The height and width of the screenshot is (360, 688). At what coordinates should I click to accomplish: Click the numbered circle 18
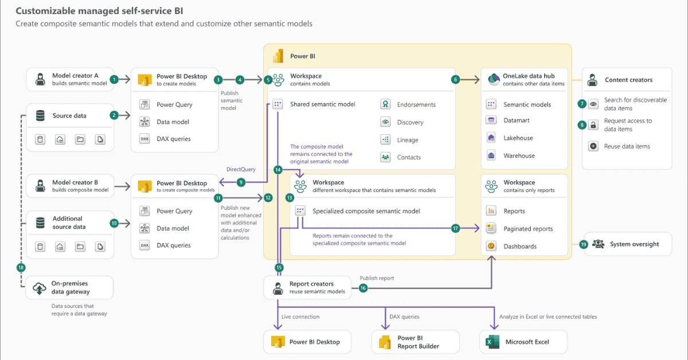21,268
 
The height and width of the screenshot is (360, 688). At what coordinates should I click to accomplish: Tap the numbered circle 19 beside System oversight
584,244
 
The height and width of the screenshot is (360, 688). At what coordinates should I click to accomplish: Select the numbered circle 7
582,104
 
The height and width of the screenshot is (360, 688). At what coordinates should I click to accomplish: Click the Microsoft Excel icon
491,342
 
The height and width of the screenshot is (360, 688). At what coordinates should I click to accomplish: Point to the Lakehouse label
518,138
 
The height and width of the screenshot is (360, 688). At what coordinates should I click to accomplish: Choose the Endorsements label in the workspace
416,105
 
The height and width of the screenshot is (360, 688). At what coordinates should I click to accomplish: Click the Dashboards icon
491,246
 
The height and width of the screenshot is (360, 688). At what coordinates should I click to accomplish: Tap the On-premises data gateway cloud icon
40,288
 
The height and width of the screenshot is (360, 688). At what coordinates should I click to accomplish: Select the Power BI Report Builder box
415,342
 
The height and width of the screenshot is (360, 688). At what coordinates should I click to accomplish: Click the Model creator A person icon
40,79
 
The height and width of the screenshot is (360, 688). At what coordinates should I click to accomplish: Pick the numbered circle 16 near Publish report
362,288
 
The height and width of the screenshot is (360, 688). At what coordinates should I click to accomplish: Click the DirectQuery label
241,170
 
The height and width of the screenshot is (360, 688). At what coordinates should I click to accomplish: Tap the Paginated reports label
528,229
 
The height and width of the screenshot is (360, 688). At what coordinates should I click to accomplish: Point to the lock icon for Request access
593,125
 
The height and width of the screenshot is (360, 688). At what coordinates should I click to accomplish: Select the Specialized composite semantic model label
366,211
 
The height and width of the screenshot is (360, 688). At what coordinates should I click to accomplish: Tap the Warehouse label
519,156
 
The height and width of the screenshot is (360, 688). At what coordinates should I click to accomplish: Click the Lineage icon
385,140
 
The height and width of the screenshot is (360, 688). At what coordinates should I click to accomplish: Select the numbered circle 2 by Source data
114,115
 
